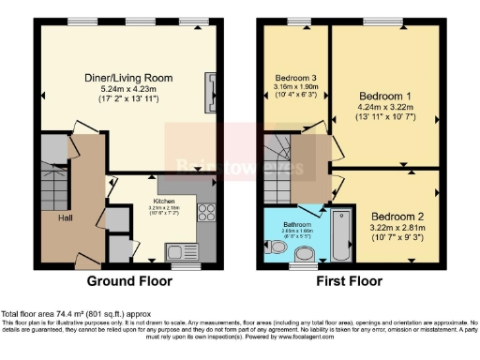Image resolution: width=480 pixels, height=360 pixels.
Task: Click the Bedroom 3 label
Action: tap(296, 78)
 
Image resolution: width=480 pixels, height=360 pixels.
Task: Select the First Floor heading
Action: tap(352, 280)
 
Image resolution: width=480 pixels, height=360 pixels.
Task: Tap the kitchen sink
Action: tap(177, 250)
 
